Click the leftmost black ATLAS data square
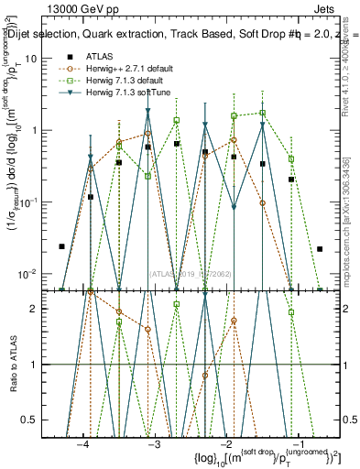pyautogui.click(x=61, y=246)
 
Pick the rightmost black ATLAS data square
pyautogui.click(x=320, y=248)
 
